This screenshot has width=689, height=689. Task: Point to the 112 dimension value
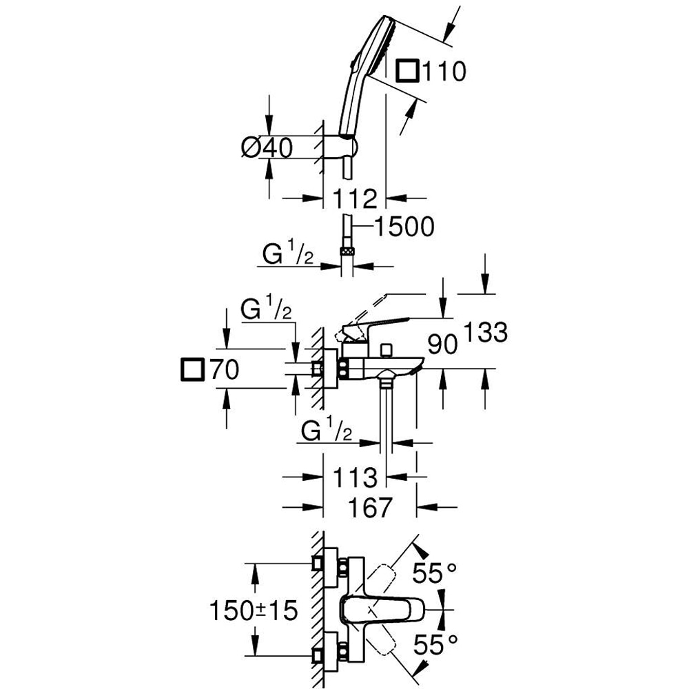coord(356,199)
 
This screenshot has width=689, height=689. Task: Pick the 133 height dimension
coord(485,333)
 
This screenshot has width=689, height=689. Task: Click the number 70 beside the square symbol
coord(224,370)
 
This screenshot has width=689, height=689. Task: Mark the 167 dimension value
coord(369,508)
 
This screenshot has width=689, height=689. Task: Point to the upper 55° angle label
coord(435,573)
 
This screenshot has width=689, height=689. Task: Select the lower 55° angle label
coord(435,646)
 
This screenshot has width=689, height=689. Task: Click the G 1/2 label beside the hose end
coord(288,255)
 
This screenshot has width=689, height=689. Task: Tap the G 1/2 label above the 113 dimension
coord(327,433)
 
